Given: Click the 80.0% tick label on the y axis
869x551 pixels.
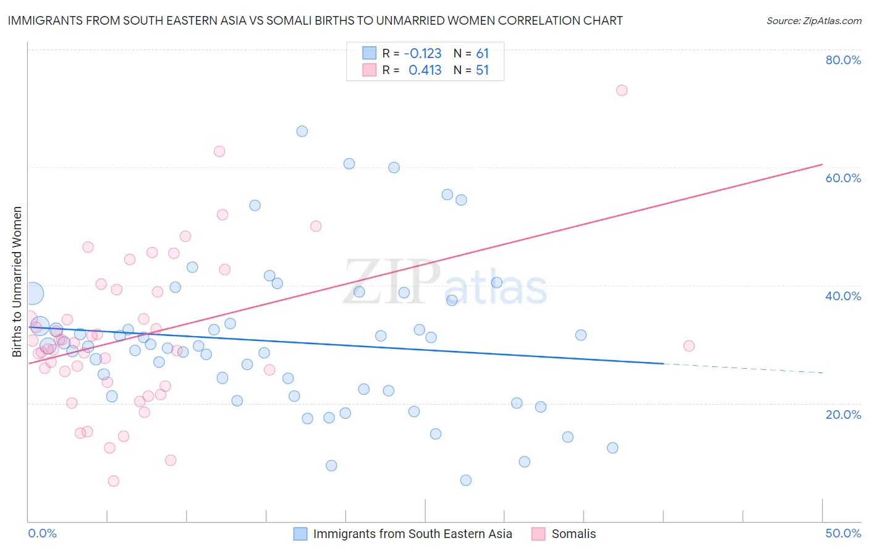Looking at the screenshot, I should pyautogui.click(x=843, y=60).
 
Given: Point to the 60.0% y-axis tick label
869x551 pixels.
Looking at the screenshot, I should pyautogui.click(x=843, y=178).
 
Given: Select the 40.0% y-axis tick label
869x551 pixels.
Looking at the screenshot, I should pyautogui.click(x=843, y=296).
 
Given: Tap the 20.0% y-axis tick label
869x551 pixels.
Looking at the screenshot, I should pyautogui.click(x=843, y=414).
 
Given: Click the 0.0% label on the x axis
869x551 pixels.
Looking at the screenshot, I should pyautogui.click(x=42, y=533).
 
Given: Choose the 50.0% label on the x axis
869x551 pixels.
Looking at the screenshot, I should pyautogui.click(x=843, y=533).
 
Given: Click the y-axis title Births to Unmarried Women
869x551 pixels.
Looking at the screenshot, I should pyautogui.click(x=17, y=282).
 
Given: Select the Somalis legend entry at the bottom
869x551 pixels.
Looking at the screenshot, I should pyautogui.click(x=574, y=534).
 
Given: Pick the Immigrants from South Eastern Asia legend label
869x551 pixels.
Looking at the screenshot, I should pyautogui.click(x=412, y=534).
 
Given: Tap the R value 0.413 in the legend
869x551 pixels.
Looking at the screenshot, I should pyautogui.click(x=425, y=70).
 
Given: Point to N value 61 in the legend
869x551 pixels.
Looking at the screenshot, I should pyautogui.click(x=482, y=54).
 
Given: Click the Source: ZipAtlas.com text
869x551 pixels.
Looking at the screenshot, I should pyautogui.click(x=813, y=20).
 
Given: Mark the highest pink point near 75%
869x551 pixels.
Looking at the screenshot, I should pyautogui.click(x=622, y=90).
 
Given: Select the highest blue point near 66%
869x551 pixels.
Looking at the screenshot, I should pyautogui.click(x=302, y=131).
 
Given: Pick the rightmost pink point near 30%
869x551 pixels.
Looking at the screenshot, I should pyautogui.click(x=689, y=346).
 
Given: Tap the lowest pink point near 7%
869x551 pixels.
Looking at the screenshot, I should pyautogui.click(x=113, y=481).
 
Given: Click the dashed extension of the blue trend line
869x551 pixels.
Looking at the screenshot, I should pyautogui.click(x=742, y=369).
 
